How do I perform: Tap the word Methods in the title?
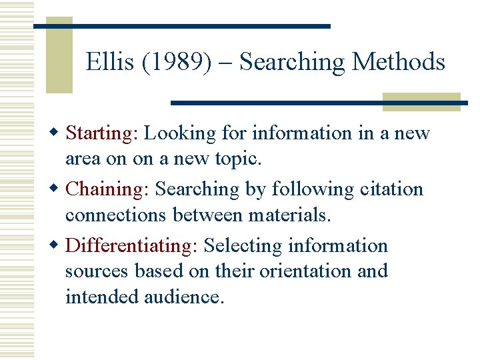click(x=398, y=62)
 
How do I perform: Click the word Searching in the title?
click(x=291, y=62)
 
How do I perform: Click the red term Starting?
click(x=102, y=133)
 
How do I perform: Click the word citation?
click(x=391, y=189)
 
